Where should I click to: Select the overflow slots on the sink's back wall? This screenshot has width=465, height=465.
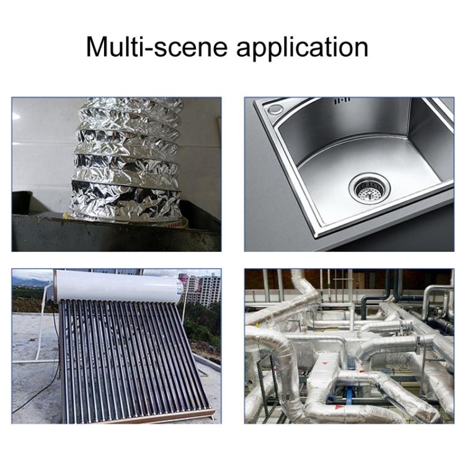pos(342,101)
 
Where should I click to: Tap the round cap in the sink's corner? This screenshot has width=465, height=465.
pos(275,109)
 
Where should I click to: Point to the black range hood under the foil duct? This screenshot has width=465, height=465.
pos(116,228)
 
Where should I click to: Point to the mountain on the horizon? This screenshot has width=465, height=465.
pos(30,281)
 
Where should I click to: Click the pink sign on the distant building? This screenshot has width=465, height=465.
pos(185,280)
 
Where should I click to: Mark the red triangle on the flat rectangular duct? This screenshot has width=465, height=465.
pos(324,363)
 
